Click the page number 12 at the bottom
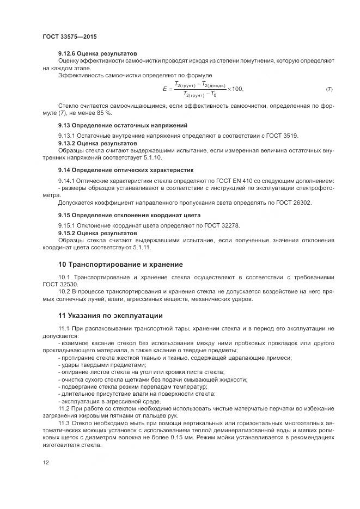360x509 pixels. (x=45, y=462)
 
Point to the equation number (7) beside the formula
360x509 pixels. (x=328, y=89)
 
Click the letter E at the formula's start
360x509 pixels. (x=164, y=89)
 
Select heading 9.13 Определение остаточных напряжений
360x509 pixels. (x=123, y=125)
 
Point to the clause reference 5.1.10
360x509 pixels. (x=152, y=157)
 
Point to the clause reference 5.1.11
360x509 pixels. (x=142, y=247)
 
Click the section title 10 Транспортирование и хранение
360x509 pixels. (x=120, y=265)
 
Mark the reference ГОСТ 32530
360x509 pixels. (x=60, y=284)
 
